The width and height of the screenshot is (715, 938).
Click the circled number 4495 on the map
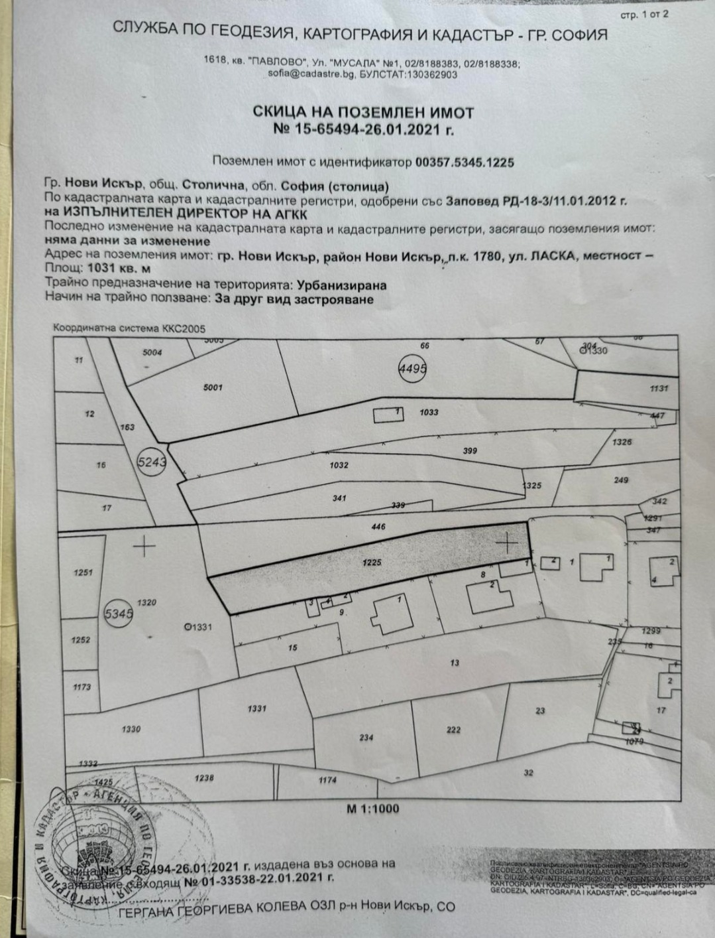coord(412,368)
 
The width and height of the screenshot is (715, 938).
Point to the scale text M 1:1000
coord(374,809)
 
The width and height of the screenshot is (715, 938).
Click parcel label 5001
coord(213,387)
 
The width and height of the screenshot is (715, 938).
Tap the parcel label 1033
coord(429,412)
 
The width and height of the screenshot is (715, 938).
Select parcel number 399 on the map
coord(470,450)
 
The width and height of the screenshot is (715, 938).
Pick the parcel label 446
coord(379,526)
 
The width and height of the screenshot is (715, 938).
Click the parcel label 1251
coord(83,572)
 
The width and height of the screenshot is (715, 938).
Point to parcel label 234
coord(366,737)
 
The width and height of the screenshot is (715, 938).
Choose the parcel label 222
coord(453,730)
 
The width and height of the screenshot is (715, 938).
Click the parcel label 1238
coord(205,777)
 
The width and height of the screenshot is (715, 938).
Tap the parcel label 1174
coord(327,780)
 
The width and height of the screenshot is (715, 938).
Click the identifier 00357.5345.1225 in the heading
coord(465,161)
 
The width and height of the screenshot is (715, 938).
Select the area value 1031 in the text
coord(101,269)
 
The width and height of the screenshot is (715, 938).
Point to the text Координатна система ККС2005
coord(130,328)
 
